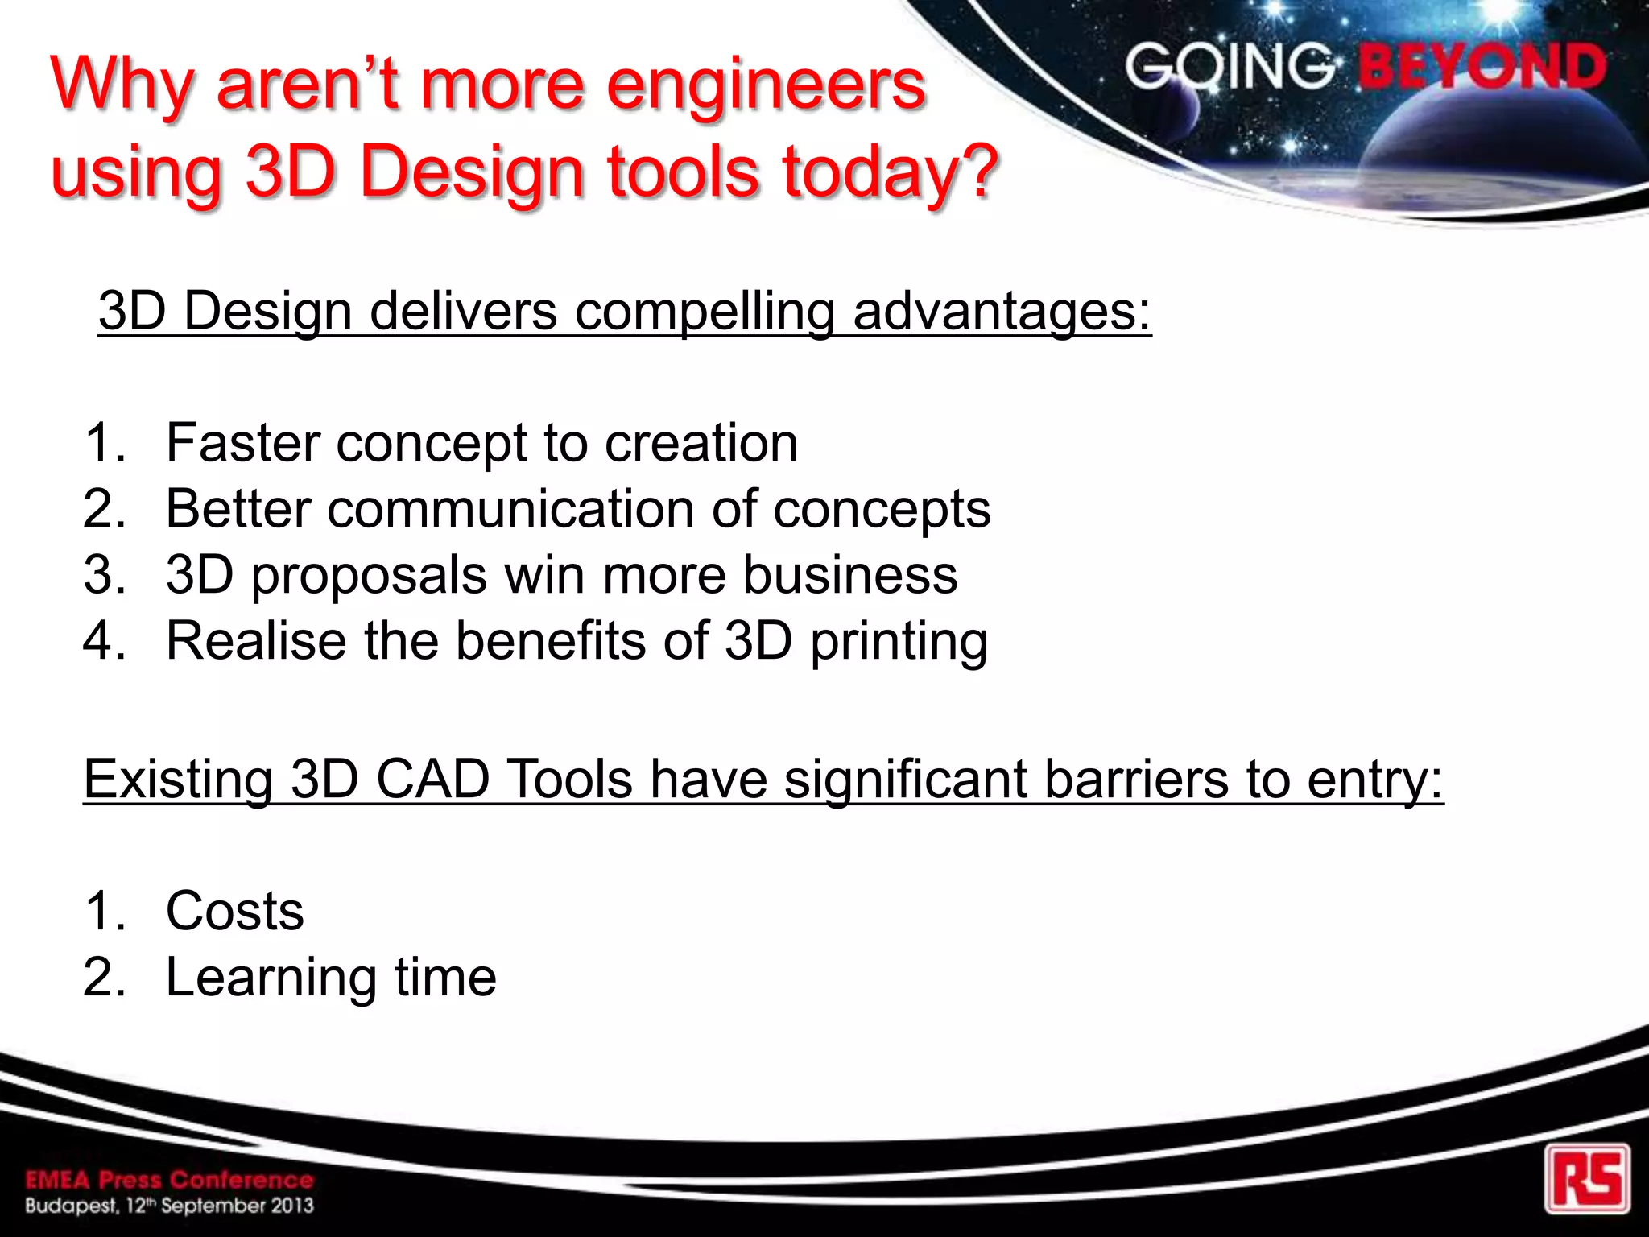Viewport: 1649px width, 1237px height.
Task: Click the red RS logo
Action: pos(1587,1178)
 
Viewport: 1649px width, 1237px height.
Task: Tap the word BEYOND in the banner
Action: pos(1482,67)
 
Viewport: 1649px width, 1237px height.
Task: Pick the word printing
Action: pos(899,642)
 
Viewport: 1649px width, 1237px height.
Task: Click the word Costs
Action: pos(234,911)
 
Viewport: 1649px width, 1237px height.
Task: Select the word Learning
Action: pos(271,978)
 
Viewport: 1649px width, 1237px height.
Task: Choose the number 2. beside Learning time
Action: pos(105,977)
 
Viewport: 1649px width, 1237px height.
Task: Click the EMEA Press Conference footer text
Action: pos(169,1181)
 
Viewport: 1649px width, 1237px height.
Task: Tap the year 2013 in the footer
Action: pos(291,1206)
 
